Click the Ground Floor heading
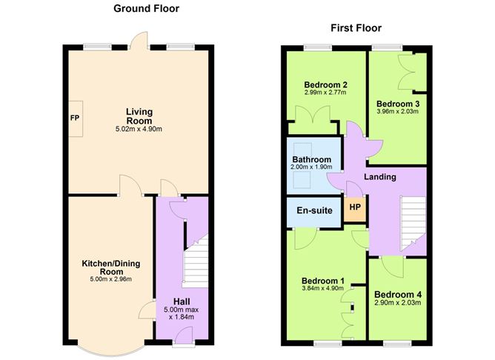tap(145, 9)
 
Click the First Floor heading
tap(356, 28)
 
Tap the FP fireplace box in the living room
tap(75, 118)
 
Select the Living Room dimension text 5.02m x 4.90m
tap(139, 130)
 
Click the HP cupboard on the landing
tap(355, 208)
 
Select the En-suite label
tap(313, 211)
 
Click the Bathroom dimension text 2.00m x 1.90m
tap(311, 167)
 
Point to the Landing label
tap(379, 177)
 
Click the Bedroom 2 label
tap(325, 85)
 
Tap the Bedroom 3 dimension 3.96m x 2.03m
tap(398, 112)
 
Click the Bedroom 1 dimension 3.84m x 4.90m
tap(322, 290)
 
